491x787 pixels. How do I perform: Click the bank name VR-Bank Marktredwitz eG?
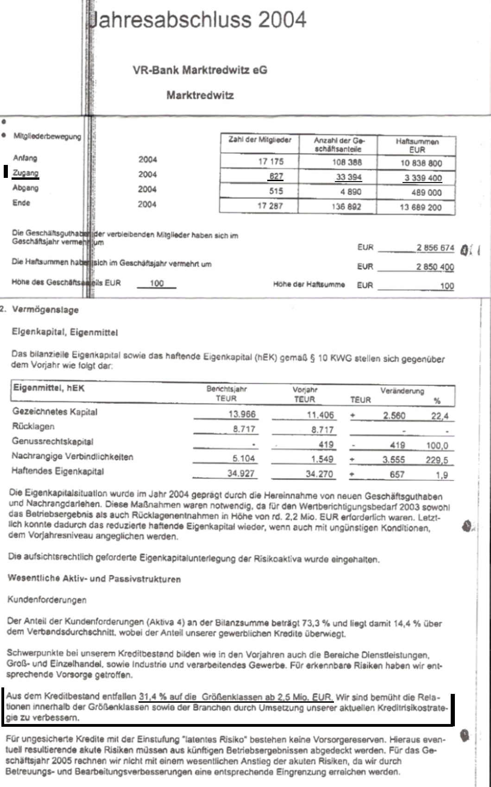(x=200, y=70)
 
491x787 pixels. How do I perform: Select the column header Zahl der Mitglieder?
(x=260, y=140)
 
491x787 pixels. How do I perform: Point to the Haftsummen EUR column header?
(x=417, y=145)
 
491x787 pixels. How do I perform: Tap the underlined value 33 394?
(x=348, y=177)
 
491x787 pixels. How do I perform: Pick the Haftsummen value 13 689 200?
(x=421, y=207)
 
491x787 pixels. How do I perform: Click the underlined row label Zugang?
(x=25, y=173)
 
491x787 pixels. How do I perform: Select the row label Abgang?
(x=25, y=188)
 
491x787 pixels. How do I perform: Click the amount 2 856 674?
(x=435, y=248)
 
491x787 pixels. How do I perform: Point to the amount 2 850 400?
(x=435, y=267)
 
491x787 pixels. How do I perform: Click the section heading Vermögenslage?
(x=45, y=310)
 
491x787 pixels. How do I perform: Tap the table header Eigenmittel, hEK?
(x=49, y=388)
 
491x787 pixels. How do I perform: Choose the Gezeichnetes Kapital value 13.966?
(x=242, y=415)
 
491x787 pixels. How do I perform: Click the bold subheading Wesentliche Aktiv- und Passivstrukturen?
(x=94, y=579)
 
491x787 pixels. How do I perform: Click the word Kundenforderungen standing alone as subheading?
(x=47, y=600)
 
